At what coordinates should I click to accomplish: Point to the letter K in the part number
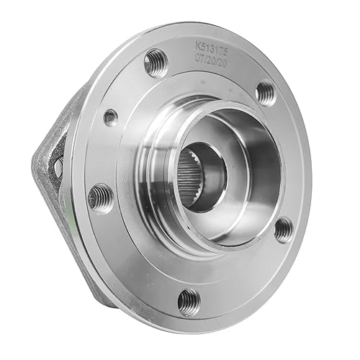[x=197, y=45]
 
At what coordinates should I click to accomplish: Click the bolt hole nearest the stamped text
[x=155, y=63]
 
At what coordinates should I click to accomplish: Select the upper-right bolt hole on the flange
[x=266, y=92]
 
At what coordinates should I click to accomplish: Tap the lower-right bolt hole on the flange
[x=284, y=228]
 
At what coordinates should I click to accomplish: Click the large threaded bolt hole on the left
[x=100, y=197]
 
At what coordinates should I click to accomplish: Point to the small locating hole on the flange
[x=110, y=117]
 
